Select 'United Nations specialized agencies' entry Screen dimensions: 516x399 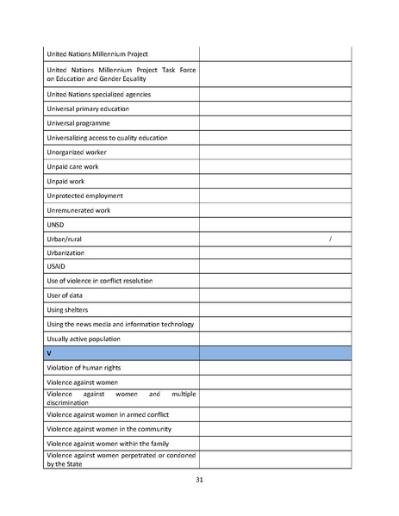click(x=99, y=94)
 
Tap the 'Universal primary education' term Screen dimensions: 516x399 click(x=88, y=109)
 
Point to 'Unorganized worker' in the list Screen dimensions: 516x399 click(x=77, y=152)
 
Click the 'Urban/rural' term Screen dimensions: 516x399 click(x=65, y=239)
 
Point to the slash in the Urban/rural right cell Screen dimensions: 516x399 click(x=331, y=239)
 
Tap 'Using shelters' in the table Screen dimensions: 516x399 click(x=67, y=310)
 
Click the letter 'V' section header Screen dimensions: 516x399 click(x=49, y=353)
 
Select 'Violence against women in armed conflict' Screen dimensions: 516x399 click(x=108, y=414)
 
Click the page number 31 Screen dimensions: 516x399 click(x=199, y=480)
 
